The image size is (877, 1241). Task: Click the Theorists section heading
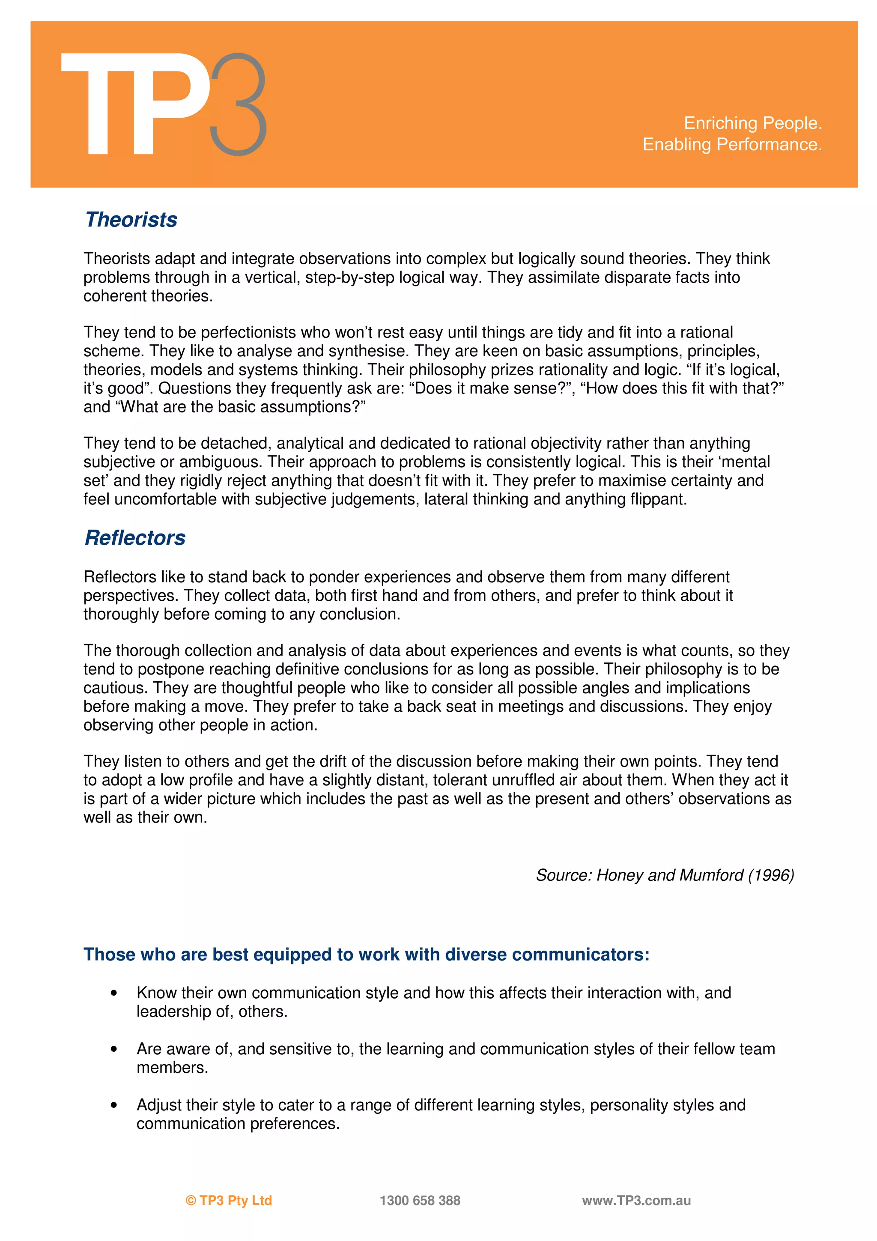(x=131, y=219)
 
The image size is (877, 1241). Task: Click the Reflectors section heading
(x=135, y=537)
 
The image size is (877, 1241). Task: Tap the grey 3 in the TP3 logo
(x=238, y=104)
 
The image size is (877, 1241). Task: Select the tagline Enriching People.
(x=752, y=123)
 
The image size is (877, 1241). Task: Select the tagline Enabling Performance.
(x=732, y=144)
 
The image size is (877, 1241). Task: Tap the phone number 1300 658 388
(x=420, y=1200)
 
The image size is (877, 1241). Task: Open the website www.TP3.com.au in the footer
(x=636, y=1200)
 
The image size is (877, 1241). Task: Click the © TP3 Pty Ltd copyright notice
(x=229, y=1200)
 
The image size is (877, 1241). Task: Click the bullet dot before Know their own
(x=113, y=993)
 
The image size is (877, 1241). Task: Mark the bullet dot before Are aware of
(x=113, y=1049)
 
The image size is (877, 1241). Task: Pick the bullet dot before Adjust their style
(x=113, y=1105)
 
